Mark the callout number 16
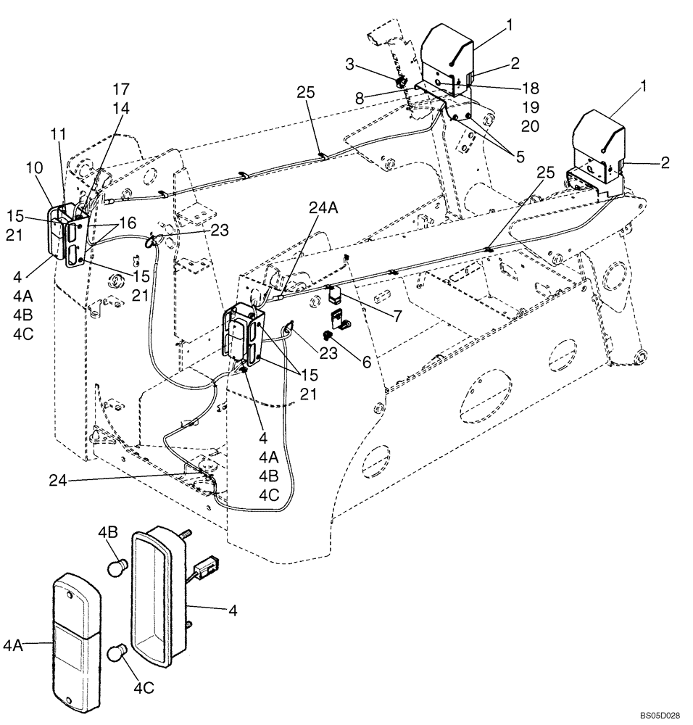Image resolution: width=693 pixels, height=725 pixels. (x=128, y=223)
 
